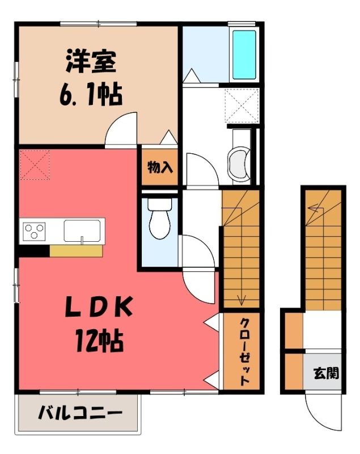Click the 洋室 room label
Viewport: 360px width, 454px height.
point(91,61)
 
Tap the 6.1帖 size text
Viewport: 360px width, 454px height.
point(91,94)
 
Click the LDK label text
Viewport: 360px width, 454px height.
point(99,306)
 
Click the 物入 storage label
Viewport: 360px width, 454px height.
point(160,167)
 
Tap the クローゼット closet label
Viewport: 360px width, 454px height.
point(244,351)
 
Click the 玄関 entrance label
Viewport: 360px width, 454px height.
point(326,373)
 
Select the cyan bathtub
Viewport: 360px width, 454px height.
point(244,54)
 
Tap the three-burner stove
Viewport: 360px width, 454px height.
point(34,231)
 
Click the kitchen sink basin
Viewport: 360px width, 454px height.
point(82,231)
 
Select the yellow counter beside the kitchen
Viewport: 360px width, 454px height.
point(76,251)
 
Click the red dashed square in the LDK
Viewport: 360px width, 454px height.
point(35,165)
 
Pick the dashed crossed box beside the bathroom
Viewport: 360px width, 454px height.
point(242,106)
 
